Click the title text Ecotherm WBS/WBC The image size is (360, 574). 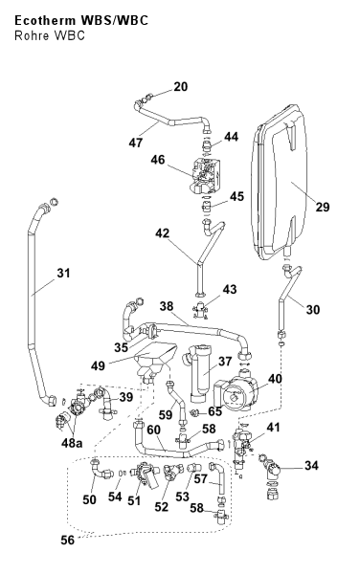[x=81, y=20]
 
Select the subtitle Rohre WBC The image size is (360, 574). [x=50, y=35]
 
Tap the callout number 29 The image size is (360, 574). [x=323, y=208]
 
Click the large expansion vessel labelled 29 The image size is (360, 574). [x=279, y=182]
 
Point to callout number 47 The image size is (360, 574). [x=136, y=143]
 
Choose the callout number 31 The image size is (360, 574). [x=63, y=273]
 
